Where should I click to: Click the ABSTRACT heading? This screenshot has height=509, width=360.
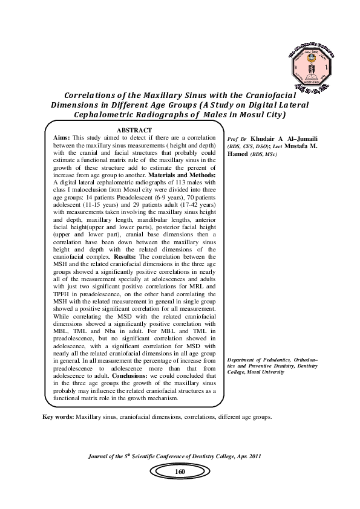point(134,130)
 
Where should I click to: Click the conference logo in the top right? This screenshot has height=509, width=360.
point(309,68)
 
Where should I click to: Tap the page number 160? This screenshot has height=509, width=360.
point(180,472)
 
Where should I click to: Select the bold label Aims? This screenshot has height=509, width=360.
point(64,138)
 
